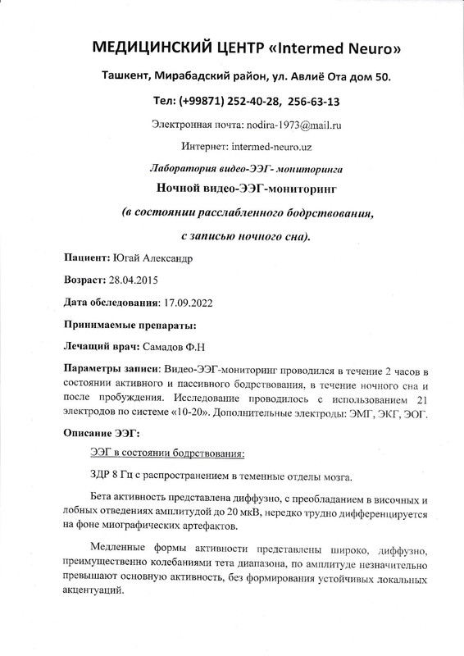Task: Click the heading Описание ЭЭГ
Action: (x=102, y=432)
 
